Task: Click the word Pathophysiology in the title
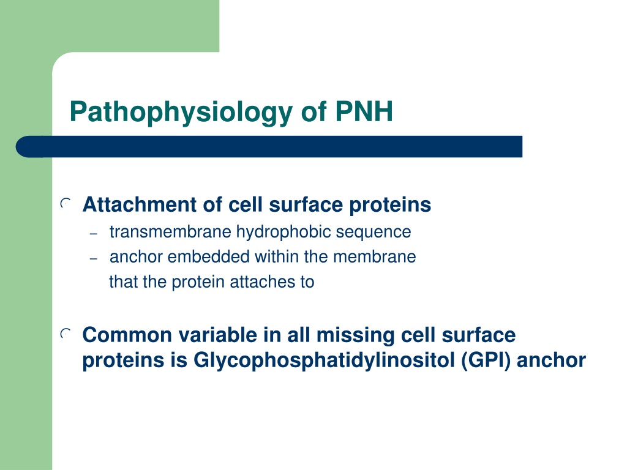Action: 181,113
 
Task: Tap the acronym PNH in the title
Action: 364,111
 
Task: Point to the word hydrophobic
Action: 284,233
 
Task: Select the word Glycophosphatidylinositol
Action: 325,360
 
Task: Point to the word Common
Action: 127,335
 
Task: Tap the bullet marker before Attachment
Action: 66,204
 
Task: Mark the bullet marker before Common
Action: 66,334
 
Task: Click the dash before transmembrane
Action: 94,234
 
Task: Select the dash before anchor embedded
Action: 94,259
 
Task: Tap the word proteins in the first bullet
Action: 390,205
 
